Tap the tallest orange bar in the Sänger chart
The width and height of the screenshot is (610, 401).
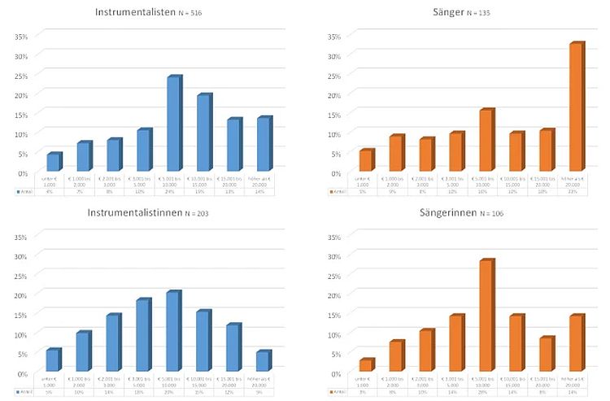[576, 107]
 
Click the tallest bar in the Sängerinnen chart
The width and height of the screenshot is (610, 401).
[486, 316]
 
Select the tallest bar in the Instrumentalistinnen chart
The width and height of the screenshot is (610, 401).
[173, 332]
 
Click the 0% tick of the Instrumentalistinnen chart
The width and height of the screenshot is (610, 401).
[22, 373]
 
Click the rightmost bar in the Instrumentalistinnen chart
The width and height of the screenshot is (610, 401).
[263, 361]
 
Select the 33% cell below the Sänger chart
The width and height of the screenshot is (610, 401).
[576, 192]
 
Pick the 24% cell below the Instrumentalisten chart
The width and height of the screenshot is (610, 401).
[173, 192]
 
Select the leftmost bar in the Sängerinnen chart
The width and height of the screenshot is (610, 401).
[366, 365]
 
